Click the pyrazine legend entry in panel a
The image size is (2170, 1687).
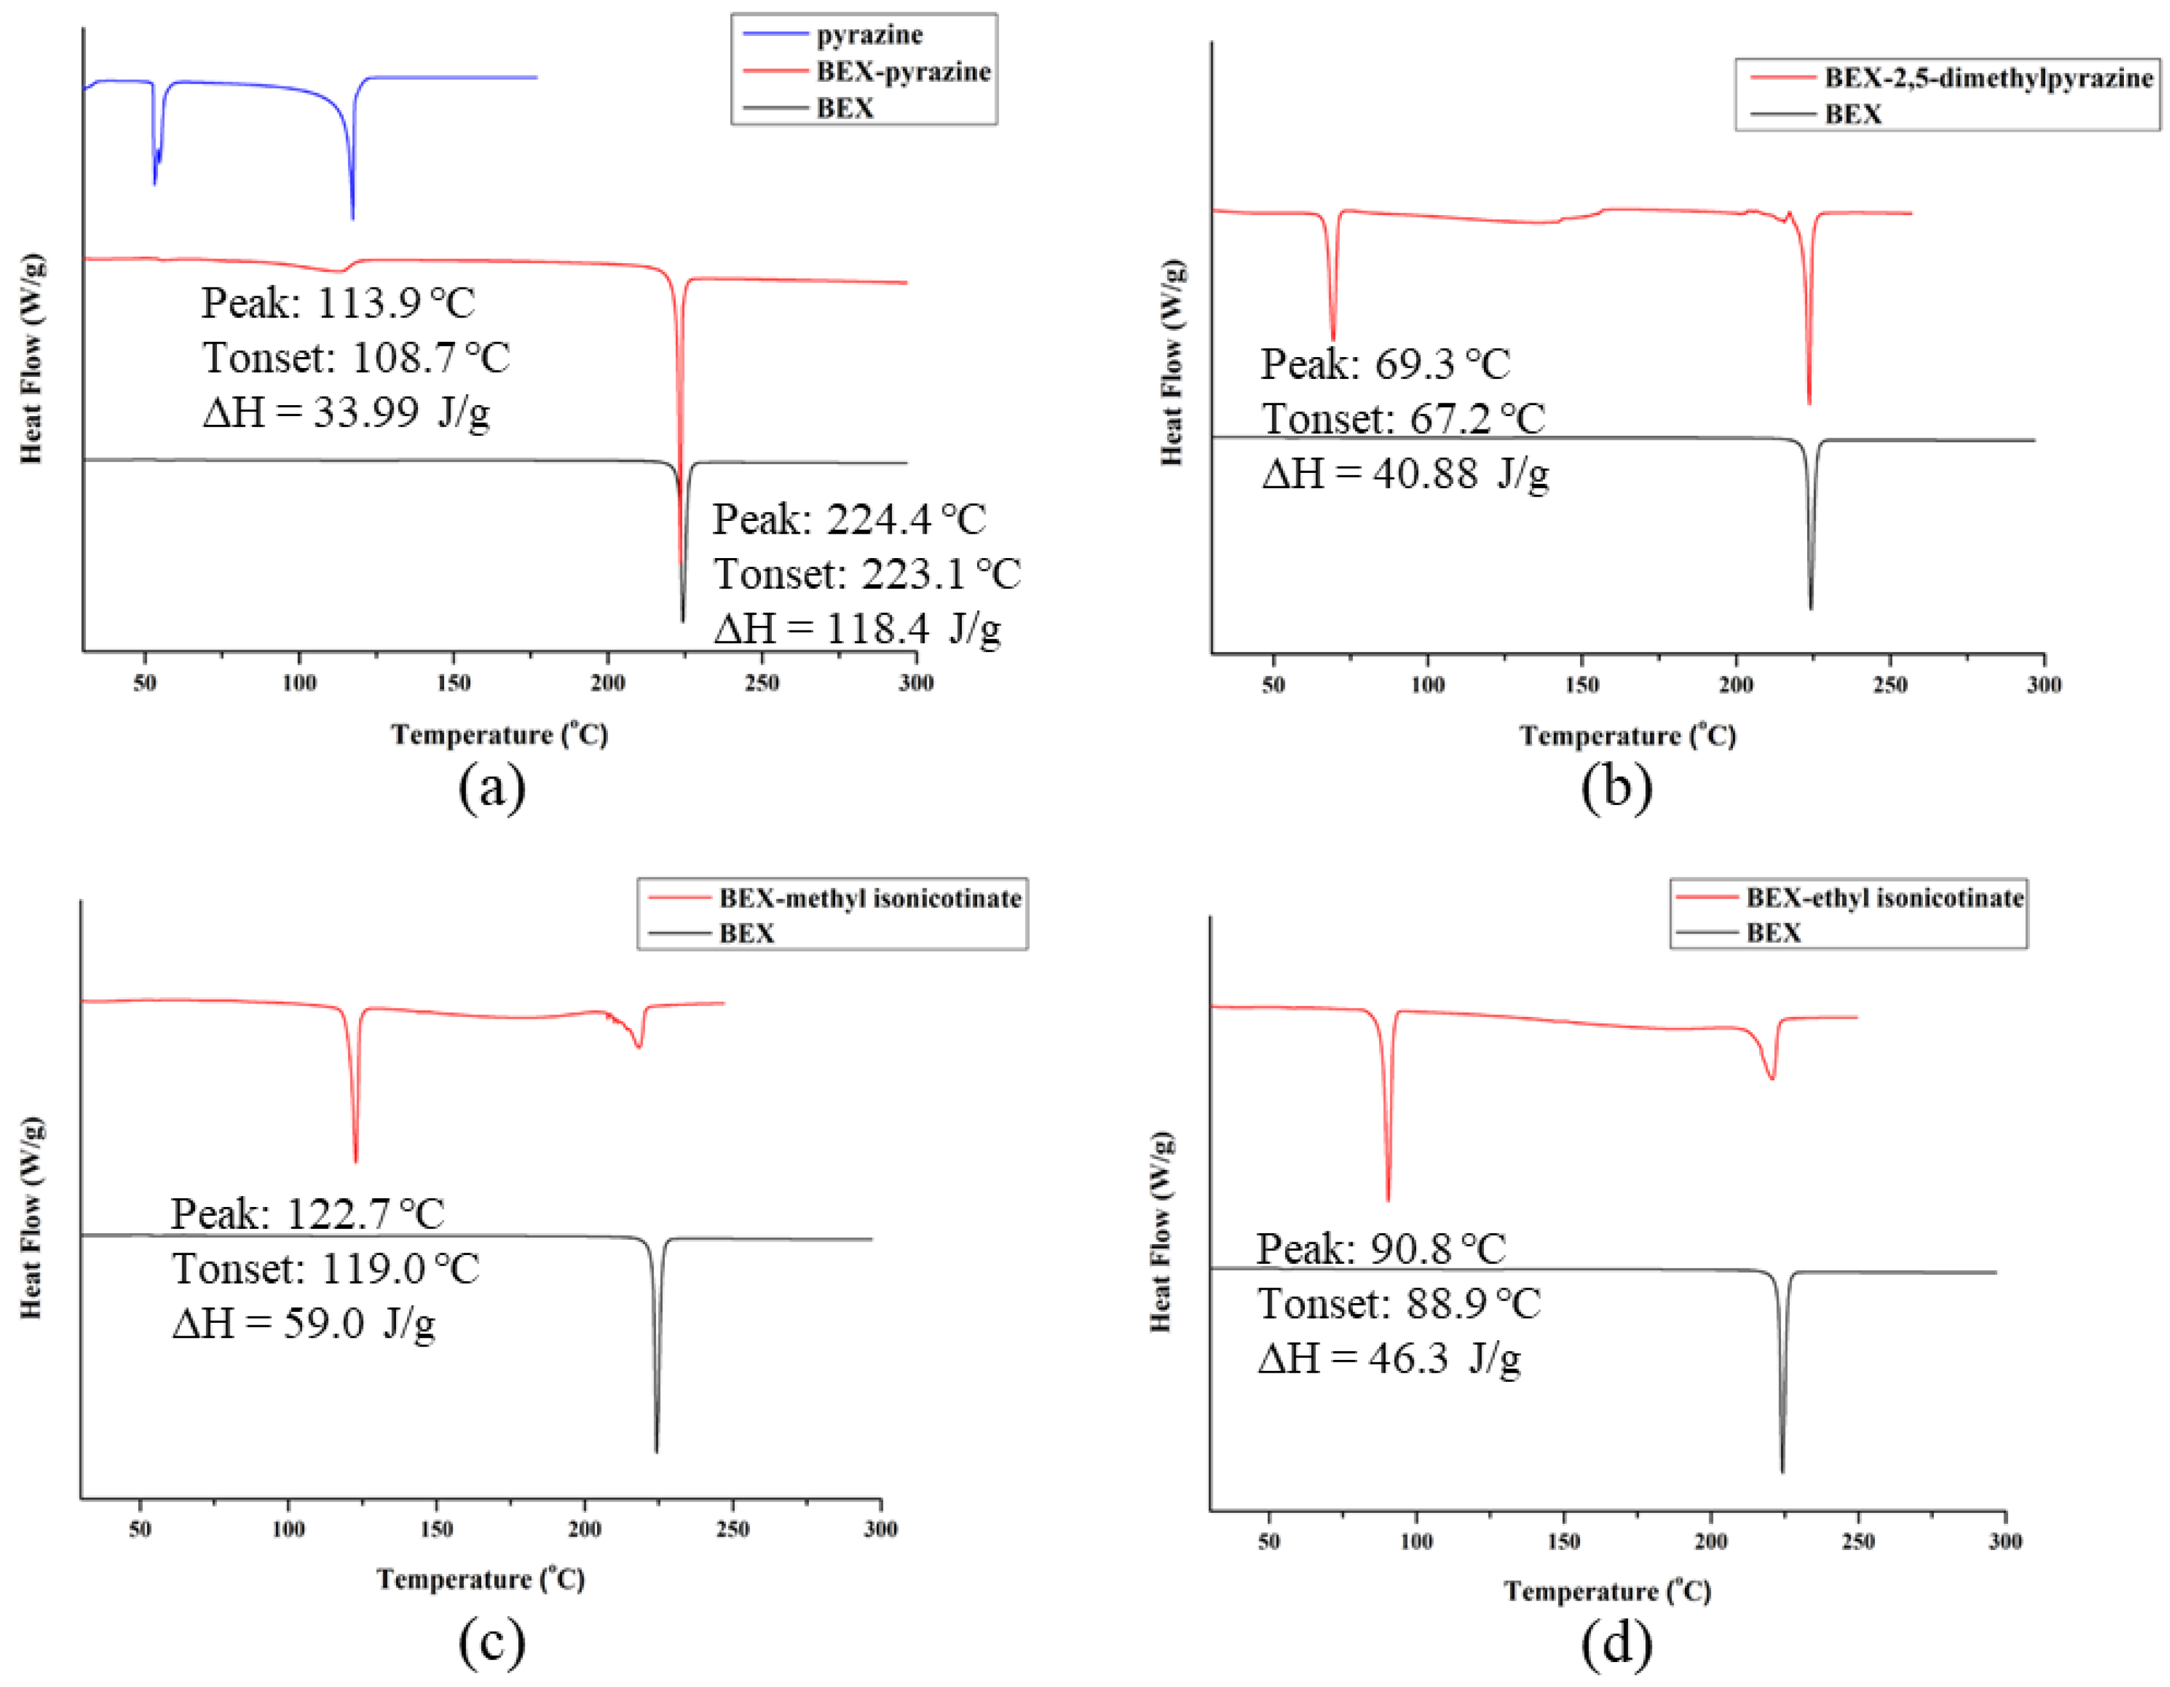click(870, 35)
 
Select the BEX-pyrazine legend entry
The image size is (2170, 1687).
click(902, 72)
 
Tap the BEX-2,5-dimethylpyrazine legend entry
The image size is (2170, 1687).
click(1987, 77)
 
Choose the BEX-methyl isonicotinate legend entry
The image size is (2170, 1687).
click(870, 898)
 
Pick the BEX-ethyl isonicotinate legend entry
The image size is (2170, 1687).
click(1884, 897)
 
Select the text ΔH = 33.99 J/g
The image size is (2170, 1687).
click(346, 412)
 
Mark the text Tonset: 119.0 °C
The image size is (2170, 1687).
click(326, 1268)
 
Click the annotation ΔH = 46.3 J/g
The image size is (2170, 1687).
click(1388, 1357)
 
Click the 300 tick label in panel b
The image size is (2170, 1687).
click(2044, 685)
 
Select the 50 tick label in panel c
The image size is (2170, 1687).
click(140, 1529)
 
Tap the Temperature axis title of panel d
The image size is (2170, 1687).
click(1607, 1590)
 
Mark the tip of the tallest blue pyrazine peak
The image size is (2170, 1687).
click(353, 219)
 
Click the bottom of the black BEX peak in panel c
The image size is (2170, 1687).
click(657, 1451)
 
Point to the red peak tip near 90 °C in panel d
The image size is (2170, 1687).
click(1388, 1200)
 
